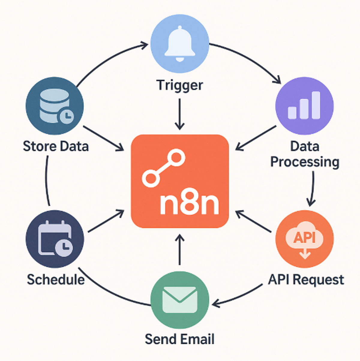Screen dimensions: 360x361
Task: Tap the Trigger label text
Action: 180,85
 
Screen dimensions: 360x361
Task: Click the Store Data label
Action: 56,146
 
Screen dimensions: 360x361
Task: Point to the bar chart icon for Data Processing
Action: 304,106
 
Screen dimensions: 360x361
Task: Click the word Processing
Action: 305,162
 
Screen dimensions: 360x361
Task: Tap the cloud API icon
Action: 304,239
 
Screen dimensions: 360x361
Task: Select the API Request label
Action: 306,279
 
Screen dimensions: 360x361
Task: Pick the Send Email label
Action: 179,339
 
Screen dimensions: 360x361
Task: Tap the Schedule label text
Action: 56,279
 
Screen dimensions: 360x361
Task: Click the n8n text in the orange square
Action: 189,204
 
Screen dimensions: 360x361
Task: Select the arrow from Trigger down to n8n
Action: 179,114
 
